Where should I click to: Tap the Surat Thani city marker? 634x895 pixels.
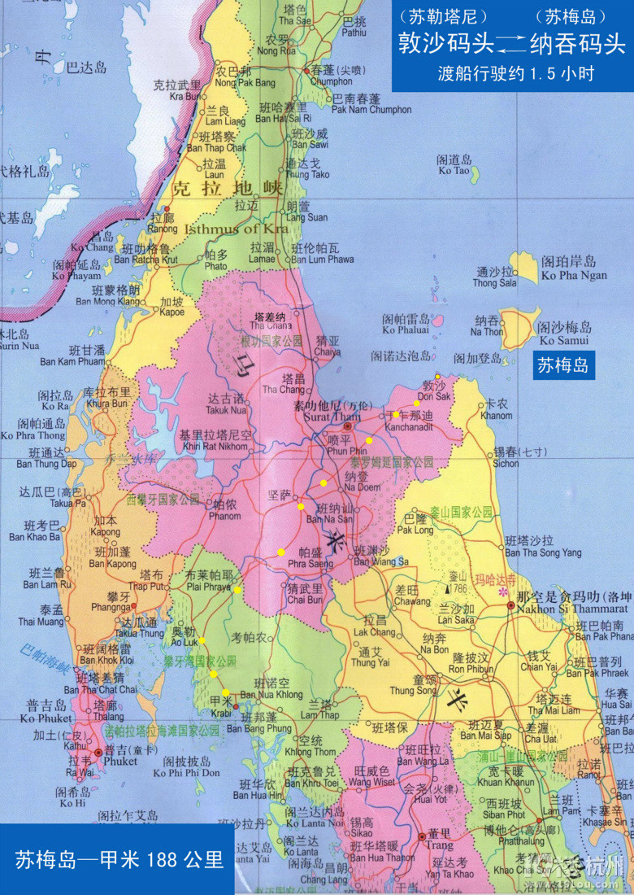(x=347, y=426)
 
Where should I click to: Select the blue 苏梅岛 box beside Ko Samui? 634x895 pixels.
(x=562, y=366)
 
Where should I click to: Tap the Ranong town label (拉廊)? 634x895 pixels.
(x=163, y=225)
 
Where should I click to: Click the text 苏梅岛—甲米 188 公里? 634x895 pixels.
(x=119, y=859)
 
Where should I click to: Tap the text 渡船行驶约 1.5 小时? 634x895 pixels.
(x=514, y=73)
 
